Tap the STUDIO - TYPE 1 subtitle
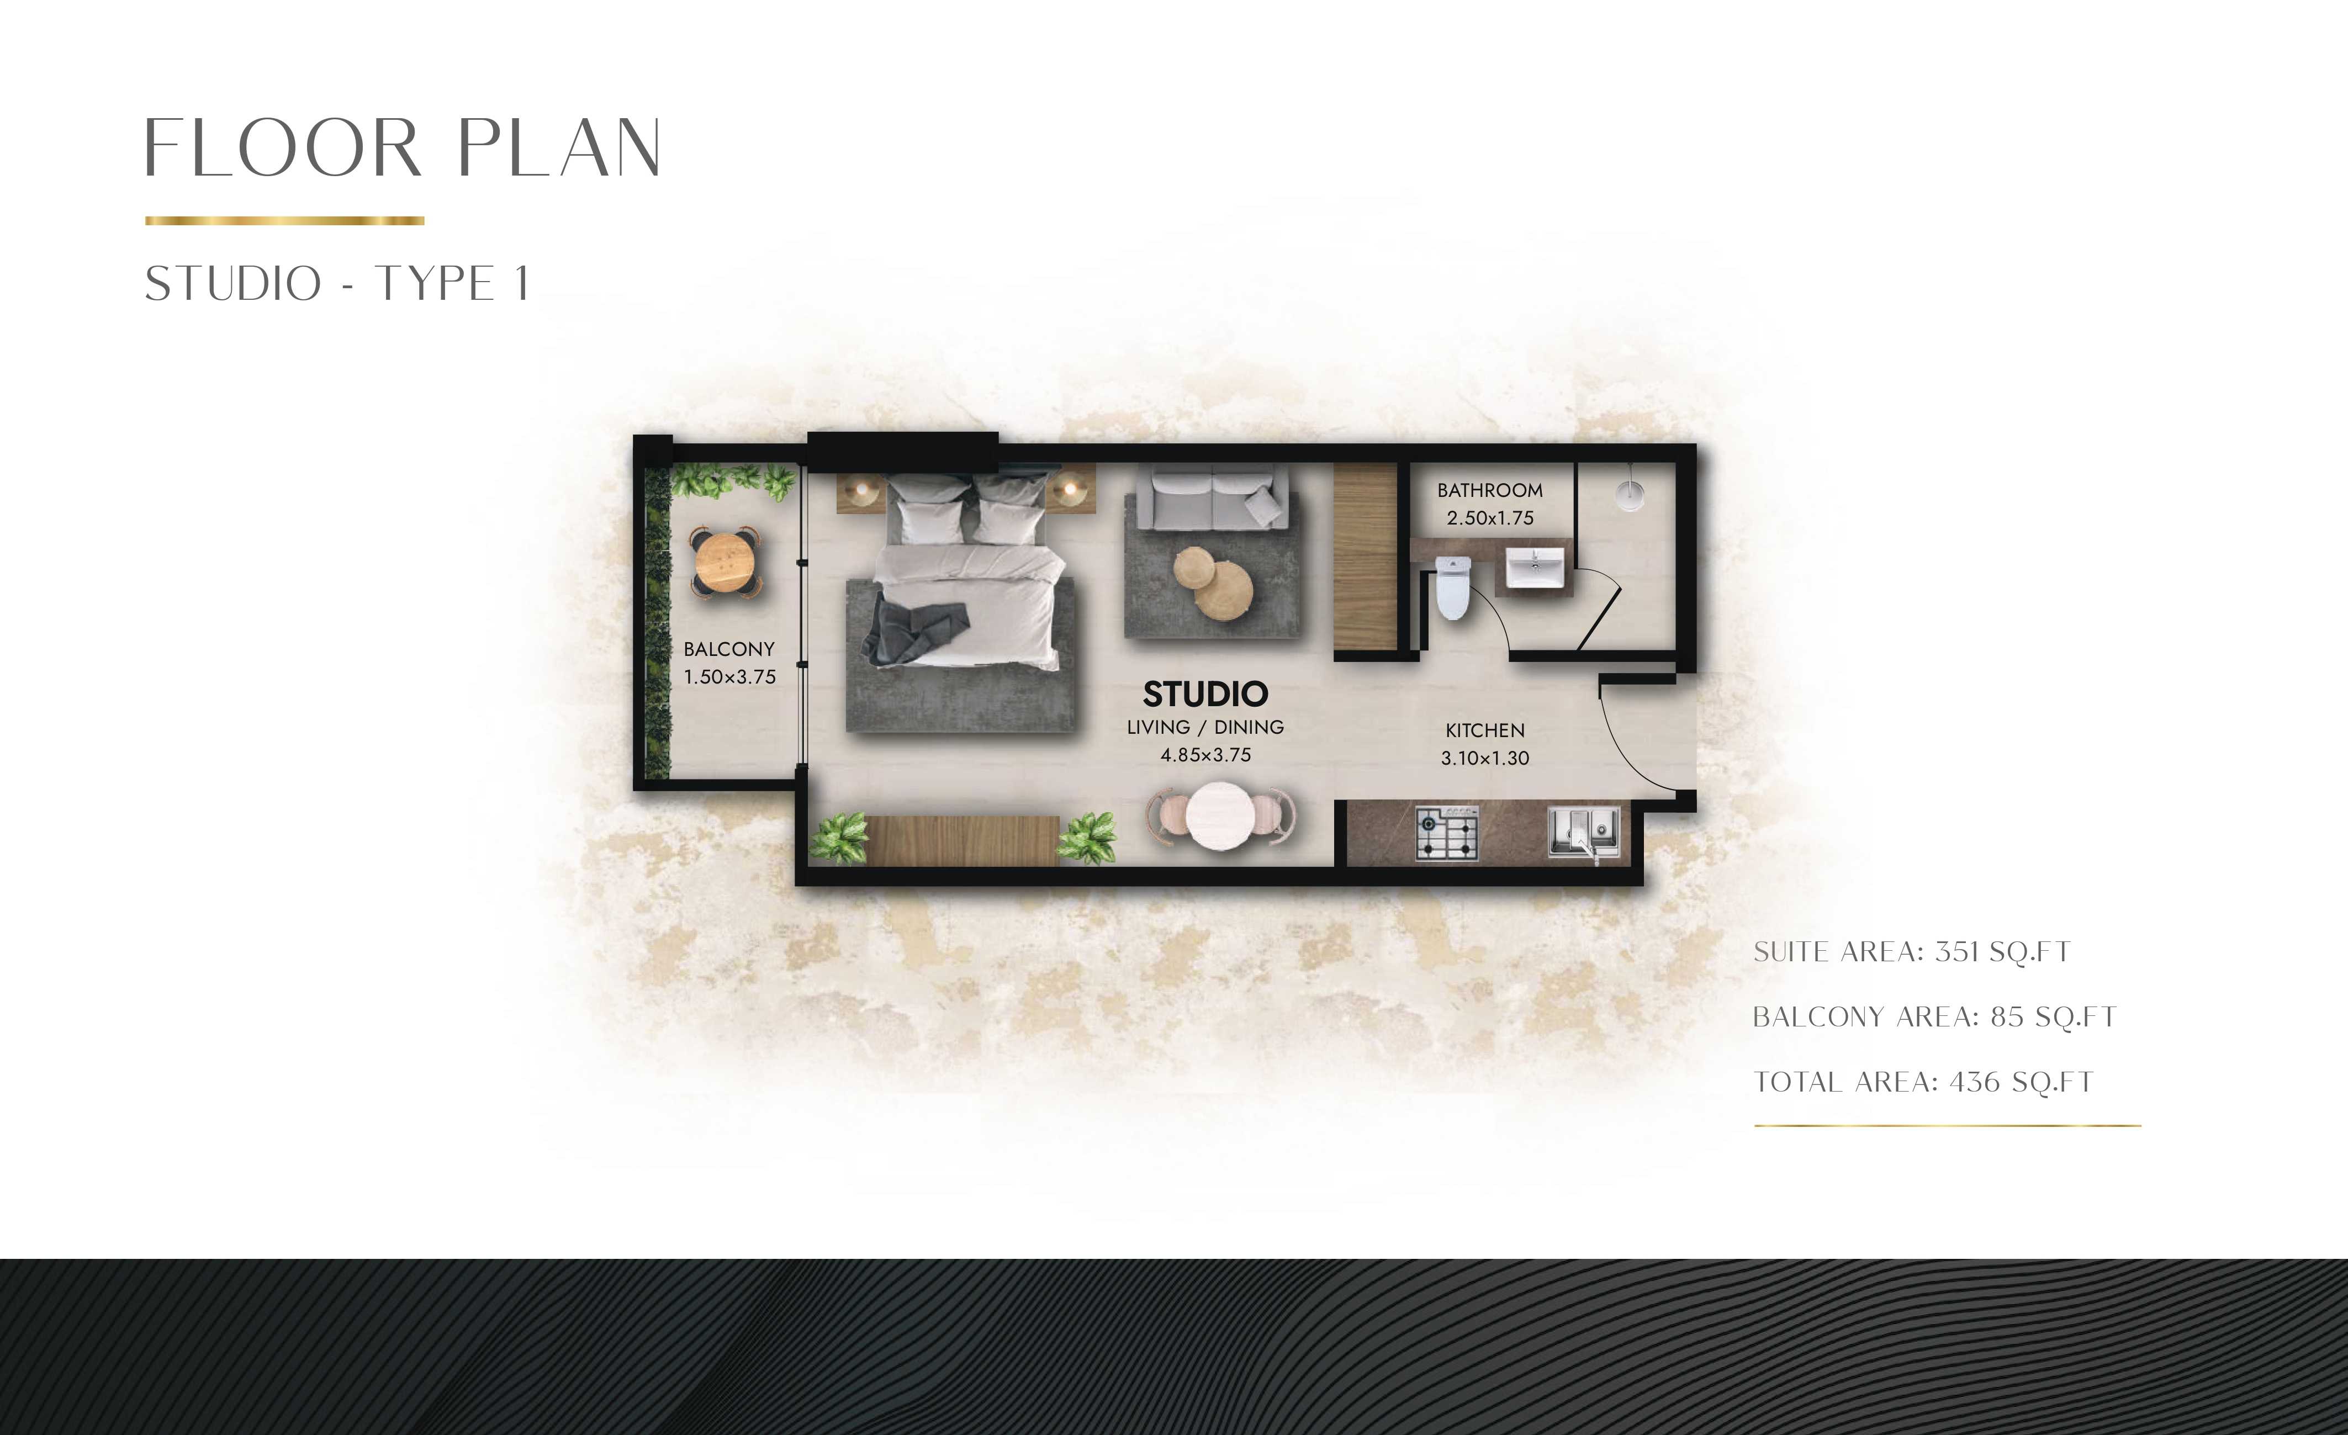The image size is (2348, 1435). coord(337,283)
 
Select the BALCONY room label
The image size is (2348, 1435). coord(729,649)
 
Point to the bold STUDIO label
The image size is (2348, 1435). coord(1205,693)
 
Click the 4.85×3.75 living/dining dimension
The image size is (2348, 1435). coord(1205,755)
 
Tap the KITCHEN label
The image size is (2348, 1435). coord(1485,730)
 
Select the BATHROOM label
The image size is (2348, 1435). coord(1489,490)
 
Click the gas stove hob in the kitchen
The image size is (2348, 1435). coord(1447,835)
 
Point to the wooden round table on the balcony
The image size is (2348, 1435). coord(726,562)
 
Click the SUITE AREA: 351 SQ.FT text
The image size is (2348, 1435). coord(1912,952)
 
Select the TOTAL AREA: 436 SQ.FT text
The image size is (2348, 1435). coord(1923,1082)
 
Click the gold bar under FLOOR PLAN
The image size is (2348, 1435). coord(284,221)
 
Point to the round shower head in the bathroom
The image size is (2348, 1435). coord(1631,494)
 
